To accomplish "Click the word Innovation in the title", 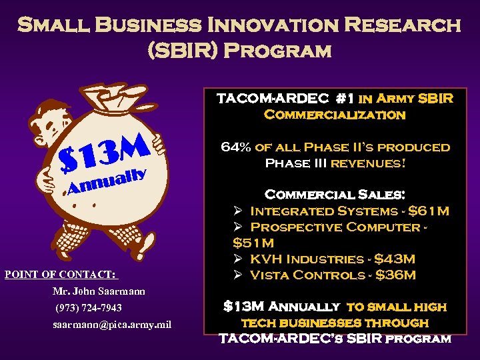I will pyautogui.click(x=279, y=25).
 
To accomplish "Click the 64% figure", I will pyautogui.click(x=235, y=147).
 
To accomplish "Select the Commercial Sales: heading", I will pyautogui.click(x=335, y=195).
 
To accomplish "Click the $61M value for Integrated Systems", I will pyautogui.click(x=429, y=211).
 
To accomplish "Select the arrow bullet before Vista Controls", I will pyautogui.click(x=238, y=275).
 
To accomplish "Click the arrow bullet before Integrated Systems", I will pyautogui.click(x=238, y=211).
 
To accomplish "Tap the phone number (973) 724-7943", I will pyautogui.click(x=88, y=308).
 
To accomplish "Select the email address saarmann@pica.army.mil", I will pyautogui.click(x=112, y=325).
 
